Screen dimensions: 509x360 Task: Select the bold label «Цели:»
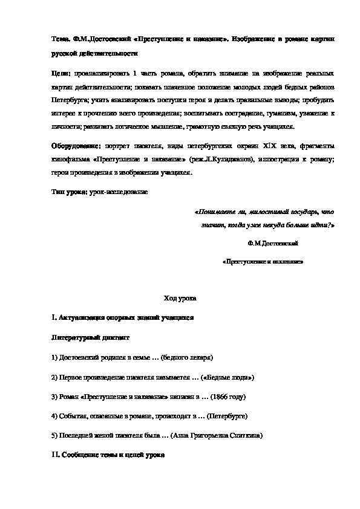61,73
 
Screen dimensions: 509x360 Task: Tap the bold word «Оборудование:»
76,147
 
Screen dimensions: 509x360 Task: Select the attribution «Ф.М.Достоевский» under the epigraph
273,243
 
